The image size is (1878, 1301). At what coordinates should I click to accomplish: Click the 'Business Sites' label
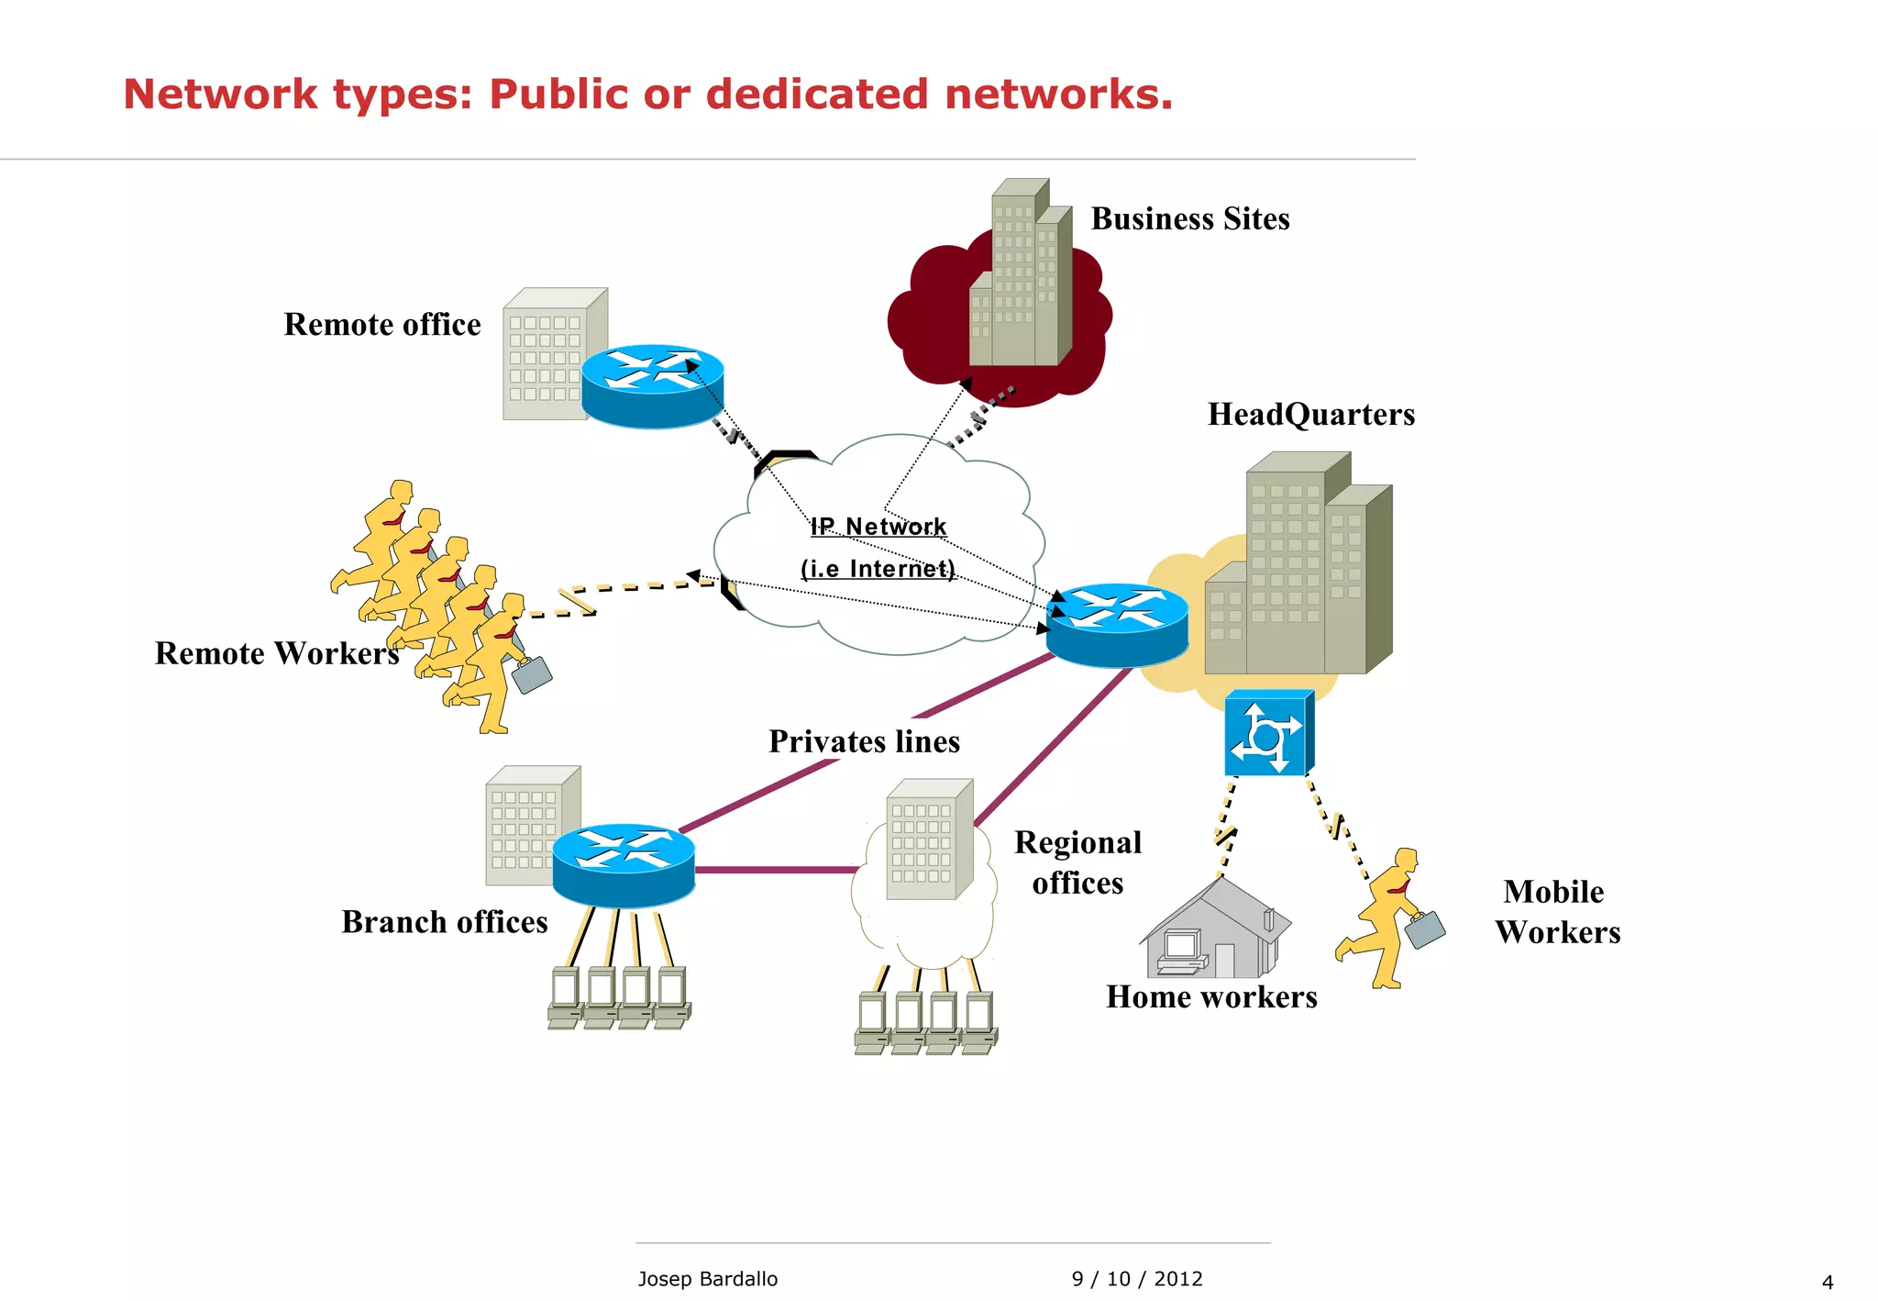point(1189,219)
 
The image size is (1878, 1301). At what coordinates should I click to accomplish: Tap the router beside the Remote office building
point(652,385)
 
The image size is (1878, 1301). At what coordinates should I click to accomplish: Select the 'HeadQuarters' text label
point(1310,415)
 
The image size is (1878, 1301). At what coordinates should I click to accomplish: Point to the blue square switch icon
point(1267,734)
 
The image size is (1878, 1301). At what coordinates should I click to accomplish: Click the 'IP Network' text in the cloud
point(878,527)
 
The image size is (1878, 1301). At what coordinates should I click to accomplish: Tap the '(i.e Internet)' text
point(878,569)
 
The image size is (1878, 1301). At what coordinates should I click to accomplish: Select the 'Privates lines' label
point(864,741)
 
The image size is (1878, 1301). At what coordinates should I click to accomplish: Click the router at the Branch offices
point(624,864)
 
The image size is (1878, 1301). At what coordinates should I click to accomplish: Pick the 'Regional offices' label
point(1077,862)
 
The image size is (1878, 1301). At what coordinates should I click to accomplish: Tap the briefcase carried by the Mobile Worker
point(1424,929)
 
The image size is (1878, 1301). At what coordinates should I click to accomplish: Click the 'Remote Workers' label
point(277,653)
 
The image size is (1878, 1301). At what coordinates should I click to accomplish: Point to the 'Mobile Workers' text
point(1557,912)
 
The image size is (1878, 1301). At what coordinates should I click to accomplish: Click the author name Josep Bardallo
point(707,1279)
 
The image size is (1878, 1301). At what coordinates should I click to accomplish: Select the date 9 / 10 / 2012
point(1137,1279)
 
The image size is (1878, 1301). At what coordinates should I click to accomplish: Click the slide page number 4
point(1827,1283)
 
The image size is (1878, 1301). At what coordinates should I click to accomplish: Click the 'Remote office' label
point(381,325)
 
